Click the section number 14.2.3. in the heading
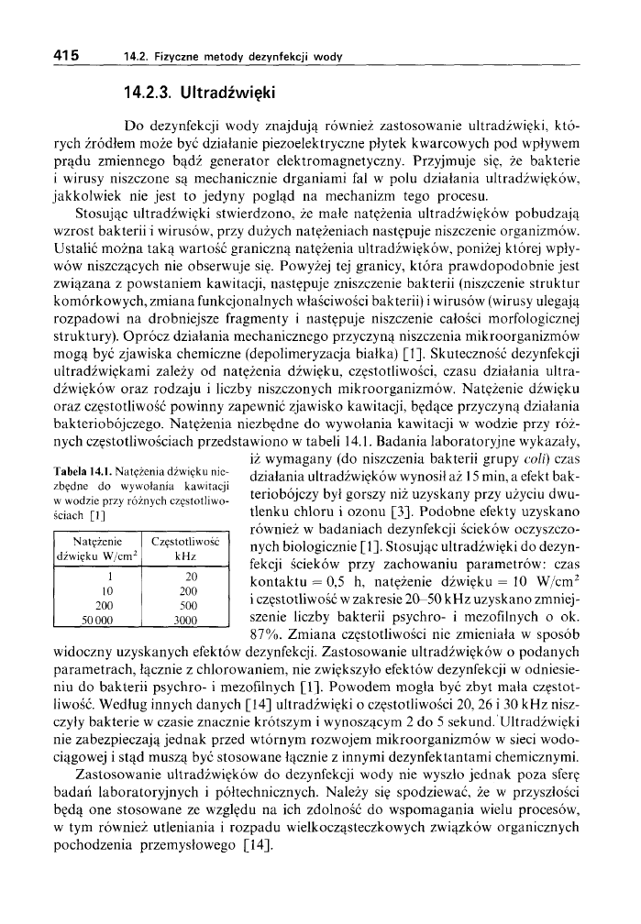pos(149,93)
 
